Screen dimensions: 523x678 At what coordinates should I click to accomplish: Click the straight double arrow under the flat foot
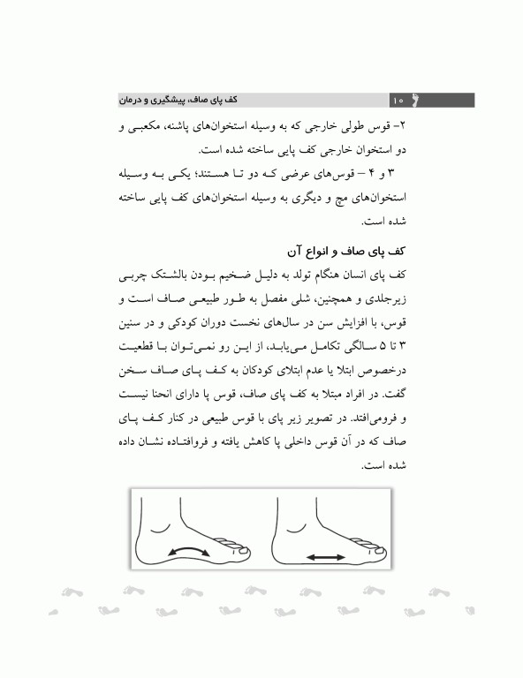click(326, 557)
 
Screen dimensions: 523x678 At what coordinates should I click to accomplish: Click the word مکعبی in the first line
click(133, 127)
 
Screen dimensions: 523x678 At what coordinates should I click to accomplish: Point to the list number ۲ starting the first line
click(399, 127)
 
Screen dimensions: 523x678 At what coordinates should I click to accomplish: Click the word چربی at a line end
click(127, 266)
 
